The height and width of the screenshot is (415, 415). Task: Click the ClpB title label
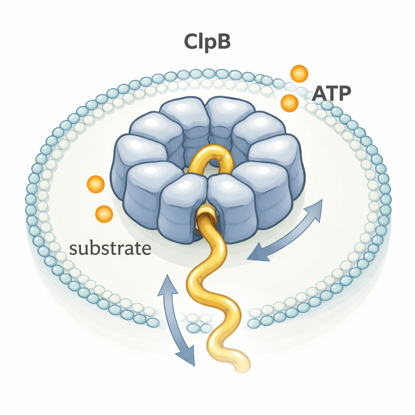pyautogui.click(x=207, y=42)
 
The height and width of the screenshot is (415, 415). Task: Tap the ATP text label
pyautogui.click(x=331, y=94)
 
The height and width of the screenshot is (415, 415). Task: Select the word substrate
pyautogui.click(x=110, y=248)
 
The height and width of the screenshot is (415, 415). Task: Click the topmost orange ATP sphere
pyautogui.click(x=299, y=74)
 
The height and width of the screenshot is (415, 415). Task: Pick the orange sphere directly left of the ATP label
pyautogui.click(x=289, y=103)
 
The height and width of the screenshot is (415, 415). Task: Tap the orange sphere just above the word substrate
pyautogui.click(x=104, y=214)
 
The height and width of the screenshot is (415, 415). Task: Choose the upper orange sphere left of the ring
pyautogui.click(x=96, y=184)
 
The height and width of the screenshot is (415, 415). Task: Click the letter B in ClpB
pyautogui.click(x=222, y=42)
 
